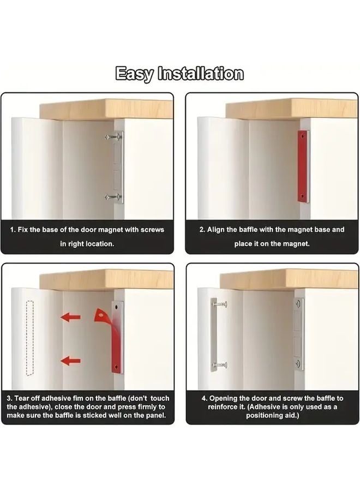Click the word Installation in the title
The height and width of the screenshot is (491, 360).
pyautogui.click(x=200, y=74)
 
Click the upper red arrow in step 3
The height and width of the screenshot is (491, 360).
pyautogui.click(x=70, y=317)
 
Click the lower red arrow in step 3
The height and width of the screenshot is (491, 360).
pyautogui.click(x=70, y=360)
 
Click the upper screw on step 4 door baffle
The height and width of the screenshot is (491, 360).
pyautogui.click(x=220, y=302)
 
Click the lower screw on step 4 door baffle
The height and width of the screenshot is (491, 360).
pyautogui.click(x=220, y=364)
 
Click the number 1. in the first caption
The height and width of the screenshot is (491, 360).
pyautogui.click(x=13, y=230)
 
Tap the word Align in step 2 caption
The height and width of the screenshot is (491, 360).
pyautogui.click(x=217, y=230)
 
